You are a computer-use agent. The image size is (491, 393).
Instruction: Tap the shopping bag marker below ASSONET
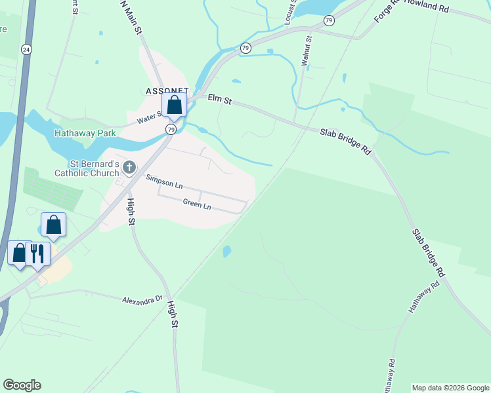pos(174,105)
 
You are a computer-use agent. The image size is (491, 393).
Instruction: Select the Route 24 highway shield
pos(26,49)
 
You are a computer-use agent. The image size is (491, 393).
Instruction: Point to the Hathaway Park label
pos(85,133)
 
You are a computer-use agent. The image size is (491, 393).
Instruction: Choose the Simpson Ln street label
pos(164,181)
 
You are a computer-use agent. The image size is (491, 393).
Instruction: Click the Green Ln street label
pos(197,204)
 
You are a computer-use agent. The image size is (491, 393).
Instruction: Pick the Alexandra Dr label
pos(142,299)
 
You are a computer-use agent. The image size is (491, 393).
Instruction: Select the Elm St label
pos(220,99)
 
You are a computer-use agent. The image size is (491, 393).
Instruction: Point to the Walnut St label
pos(305,51)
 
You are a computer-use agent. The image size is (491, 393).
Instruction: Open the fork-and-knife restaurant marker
pos(37,253)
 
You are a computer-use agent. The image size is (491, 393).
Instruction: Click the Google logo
pos(22,385)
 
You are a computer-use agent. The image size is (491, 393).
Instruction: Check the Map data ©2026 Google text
pos(450,388)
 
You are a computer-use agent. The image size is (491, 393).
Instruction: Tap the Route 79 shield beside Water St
pos(171,129)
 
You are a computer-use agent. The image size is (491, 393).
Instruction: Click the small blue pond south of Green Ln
pos(227,252)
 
